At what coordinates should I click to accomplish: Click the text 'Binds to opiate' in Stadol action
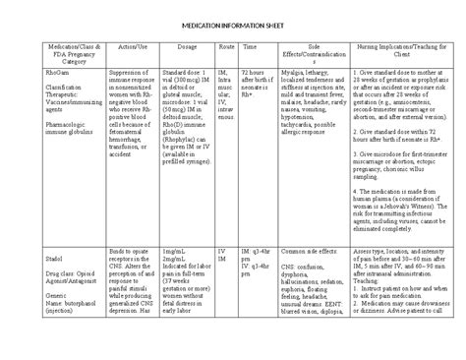pyautogui.click(x=131, y=252)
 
